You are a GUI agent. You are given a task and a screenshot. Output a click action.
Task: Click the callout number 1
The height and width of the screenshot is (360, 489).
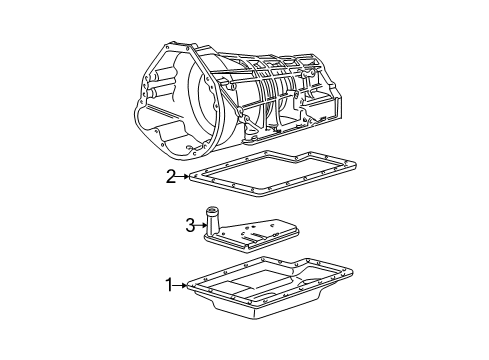tap(170, 285)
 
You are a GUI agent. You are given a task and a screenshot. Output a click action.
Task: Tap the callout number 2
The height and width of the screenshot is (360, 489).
tap(171, 177)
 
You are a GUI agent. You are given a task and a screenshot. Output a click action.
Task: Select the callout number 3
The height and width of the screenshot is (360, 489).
tap(190, 226)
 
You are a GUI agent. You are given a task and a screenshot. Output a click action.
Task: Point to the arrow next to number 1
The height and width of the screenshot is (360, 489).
tap(181, 285)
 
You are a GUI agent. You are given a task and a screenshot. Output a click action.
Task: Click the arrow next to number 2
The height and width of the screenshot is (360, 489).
tap(183, 177)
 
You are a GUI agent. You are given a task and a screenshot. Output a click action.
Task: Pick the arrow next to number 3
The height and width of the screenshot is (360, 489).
tap(201, 226)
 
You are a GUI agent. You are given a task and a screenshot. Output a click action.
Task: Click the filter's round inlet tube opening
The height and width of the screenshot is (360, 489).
tap(211, 210)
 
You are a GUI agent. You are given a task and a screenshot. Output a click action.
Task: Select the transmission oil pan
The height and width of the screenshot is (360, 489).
tap(270, 287)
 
